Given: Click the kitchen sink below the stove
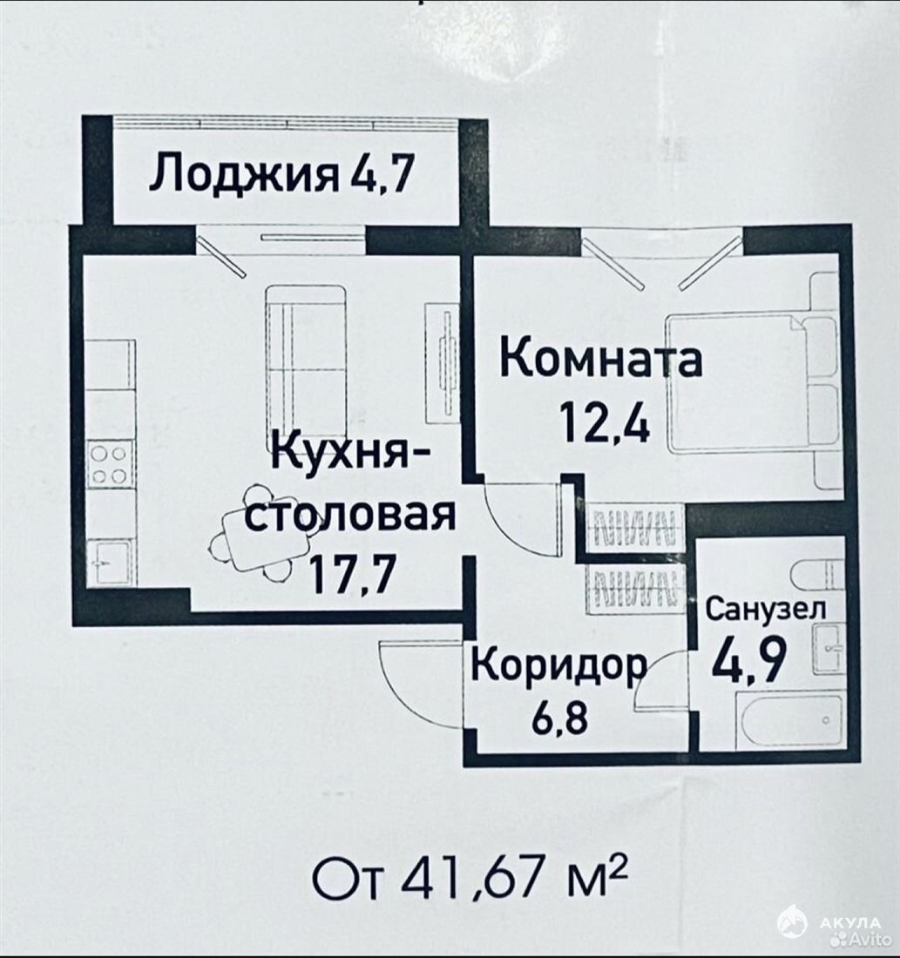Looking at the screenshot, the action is [x=109, y=562].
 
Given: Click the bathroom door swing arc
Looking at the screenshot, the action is [x=660, y=679].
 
